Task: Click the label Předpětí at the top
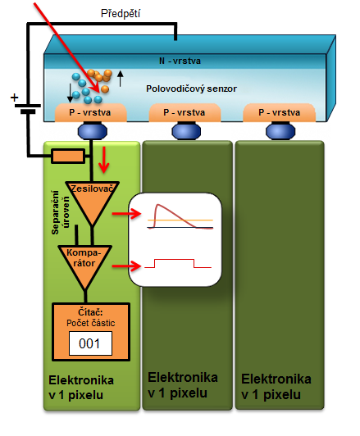(121, 14)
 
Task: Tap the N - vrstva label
(180, 61)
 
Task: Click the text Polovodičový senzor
(191, 89)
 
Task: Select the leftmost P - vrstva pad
(91, 112)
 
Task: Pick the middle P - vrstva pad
(185, 112)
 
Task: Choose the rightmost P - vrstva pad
(280, 112)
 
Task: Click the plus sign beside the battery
(14, 98)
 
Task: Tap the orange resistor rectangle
(68, 156)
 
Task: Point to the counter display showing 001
(90, 343)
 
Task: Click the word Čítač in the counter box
(90, 312)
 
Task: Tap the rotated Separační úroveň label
(60, 212)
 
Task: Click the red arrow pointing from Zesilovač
(127, 214)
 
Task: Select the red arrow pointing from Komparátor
(127, 266)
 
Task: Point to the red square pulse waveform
(178, 263)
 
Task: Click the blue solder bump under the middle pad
(186, 131)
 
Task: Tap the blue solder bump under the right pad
(280, 131)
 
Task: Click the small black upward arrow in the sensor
(120, 79)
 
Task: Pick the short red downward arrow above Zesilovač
(104, 160)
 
